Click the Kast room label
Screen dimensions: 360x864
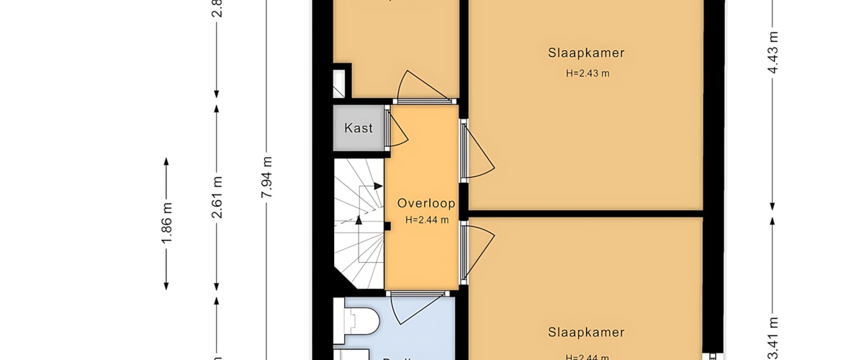tap(359, 128)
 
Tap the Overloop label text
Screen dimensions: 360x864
tap(427, 203)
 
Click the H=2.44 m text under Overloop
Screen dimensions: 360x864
tap(427, 220)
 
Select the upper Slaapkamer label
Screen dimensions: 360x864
tap(585, 53)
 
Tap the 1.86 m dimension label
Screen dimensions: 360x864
tap(167, 224)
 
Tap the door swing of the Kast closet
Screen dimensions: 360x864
tap(397, 130)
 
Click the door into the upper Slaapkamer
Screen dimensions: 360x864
tap(479, 151)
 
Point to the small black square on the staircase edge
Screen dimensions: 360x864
tap(387, 227)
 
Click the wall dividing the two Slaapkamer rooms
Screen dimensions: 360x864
tap(585, 213)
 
